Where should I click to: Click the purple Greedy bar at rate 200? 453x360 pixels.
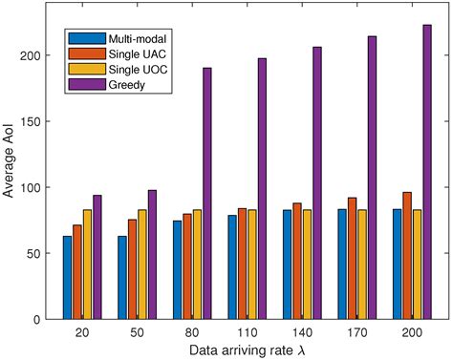pos(400,172)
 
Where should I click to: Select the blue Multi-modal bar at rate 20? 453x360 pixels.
pos(67,277)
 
